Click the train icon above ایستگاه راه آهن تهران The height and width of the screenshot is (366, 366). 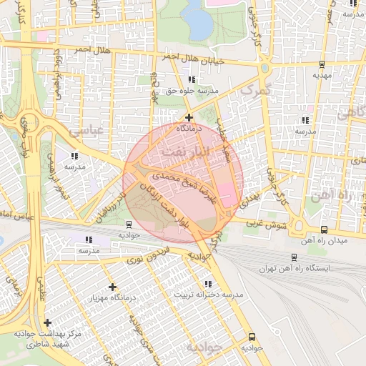click(x=294, y=257)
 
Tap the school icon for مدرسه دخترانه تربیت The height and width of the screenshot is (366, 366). click(x=207, y=284)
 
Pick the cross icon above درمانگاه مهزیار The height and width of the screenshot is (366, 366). click(x=112, y=287)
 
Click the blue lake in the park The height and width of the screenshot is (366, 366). click(x=197, y=21)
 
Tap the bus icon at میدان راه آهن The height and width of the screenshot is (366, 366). click(x=325, y=229)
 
